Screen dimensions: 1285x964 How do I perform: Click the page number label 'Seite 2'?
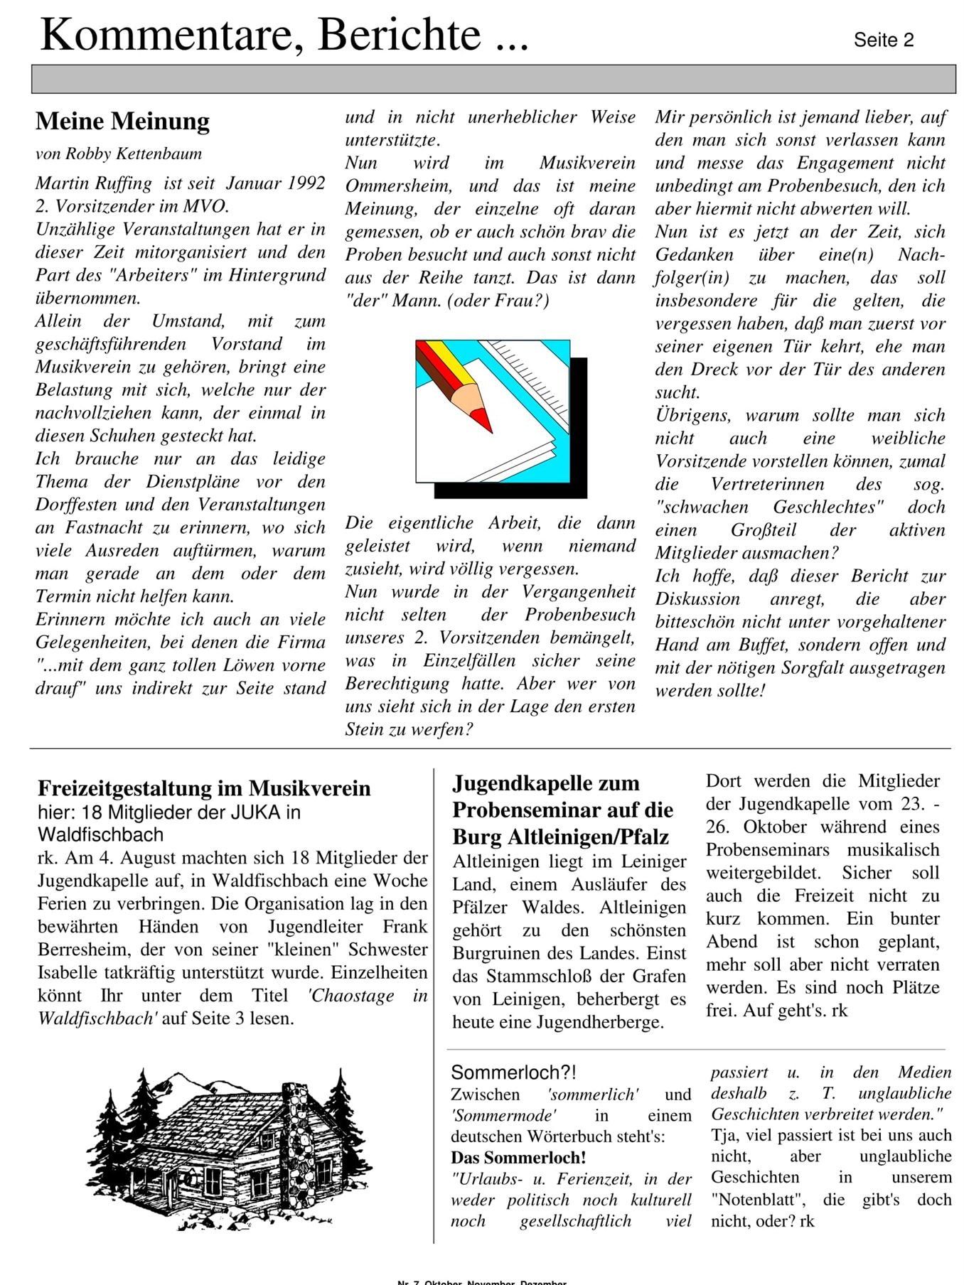click(x=883, y=41)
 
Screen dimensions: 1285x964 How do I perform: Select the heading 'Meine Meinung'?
click(x=122, y=121)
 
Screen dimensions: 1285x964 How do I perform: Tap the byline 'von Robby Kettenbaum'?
click(x=119, y=154)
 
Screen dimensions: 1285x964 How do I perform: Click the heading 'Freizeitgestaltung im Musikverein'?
click(x=204, y=788)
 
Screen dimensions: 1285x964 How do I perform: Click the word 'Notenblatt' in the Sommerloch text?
click(x=759, y=1200)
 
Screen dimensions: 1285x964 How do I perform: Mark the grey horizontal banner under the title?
click(x=493, y=79)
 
